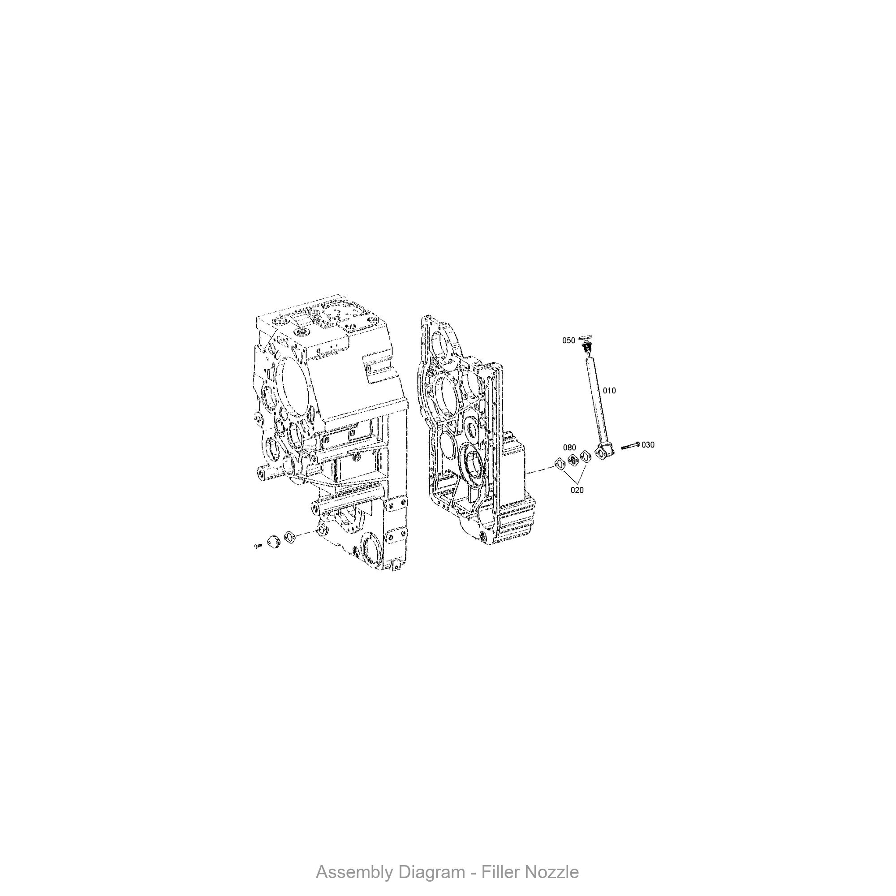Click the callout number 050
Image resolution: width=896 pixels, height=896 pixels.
tap(569, 340)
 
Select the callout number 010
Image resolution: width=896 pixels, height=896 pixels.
tap(609, 391)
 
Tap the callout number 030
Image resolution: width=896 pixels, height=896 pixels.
tap(648, 445)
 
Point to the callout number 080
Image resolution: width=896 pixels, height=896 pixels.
tap(569, 448)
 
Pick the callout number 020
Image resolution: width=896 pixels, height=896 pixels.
tap(577, 490)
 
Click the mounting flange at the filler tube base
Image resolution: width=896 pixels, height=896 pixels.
tap(604, 451)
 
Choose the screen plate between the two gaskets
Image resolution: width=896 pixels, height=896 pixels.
tap(573, 460)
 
